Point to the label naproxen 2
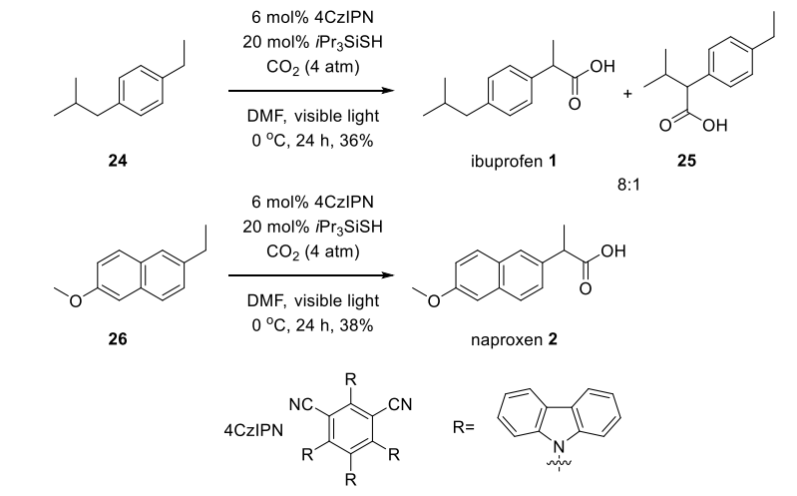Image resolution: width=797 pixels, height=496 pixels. point(514,338)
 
